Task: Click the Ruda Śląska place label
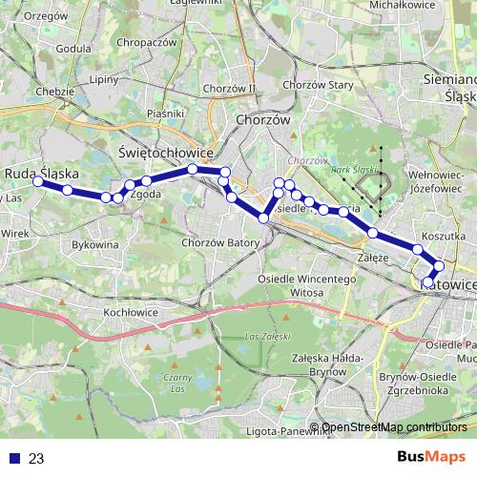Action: click(x=42, y=174)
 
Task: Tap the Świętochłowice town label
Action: click(x=159, y=153)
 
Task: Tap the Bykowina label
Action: click(x=95, y=245)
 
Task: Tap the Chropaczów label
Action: click(x=145, y=43)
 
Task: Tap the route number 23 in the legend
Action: click(x=36, y=459)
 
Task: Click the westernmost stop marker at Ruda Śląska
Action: click(x=38, y=181)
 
